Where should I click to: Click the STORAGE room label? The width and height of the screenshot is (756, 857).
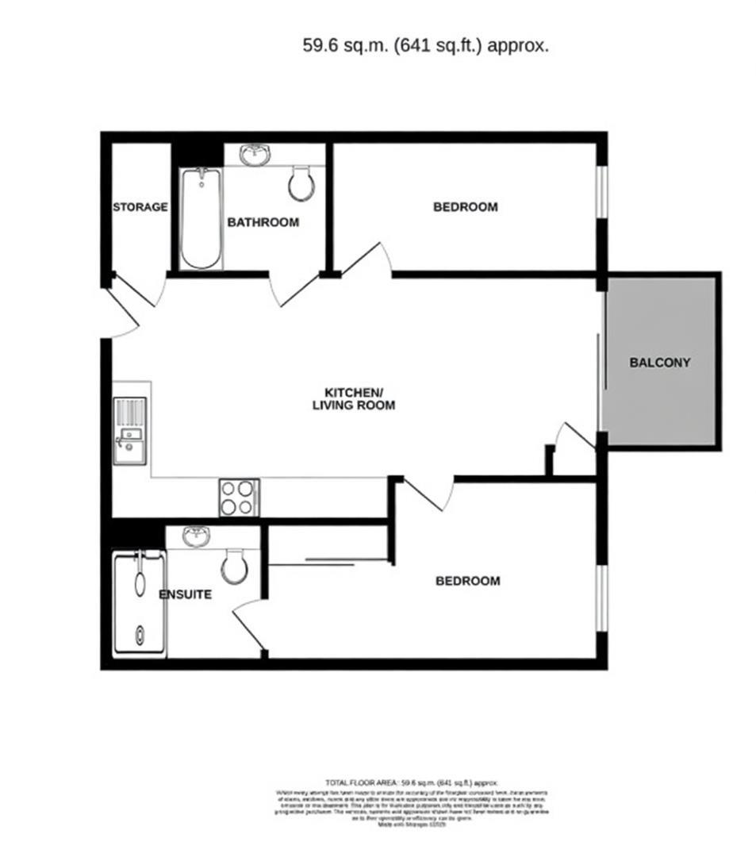[140, 207]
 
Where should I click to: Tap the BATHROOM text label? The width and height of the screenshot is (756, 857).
[263, 222]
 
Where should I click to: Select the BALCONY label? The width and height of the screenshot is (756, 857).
[659, 363]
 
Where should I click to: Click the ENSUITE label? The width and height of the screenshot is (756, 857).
[185, 594]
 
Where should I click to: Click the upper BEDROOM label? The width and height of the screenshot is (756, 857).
[465, 207]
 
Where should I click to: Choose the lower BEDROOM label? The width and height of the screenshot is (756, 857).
[467, 581]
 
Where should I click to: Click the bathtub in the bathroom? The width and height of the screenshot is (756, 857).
[200, 218]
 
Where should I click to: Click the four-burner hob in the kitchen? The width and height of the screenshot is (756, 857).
[239, 498]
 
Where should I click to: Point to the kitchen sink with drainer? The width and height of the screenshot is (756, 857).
[129, 431]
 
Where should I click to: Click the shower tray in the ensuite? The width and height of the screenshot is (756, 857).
[140, 604]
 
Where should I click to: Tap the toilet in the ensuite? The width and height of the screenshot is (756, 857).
[235, 566]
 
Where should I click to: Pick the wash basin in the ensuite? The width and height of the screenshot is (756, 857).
[195, 537]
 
